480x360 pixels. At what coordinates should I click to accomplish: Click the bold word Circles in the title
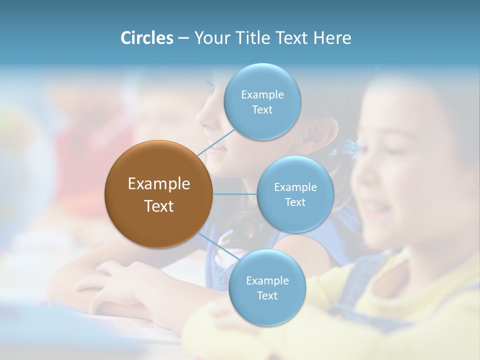(x=146, y=38)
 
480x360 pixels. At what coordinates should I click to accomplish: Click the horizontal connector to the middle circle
(x=234, y=194)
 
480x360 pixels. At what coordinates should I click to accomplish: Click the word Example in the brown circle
(x=159, y=184)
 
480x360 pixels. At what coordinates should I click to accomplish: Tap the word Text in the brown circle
(x=159, y=205)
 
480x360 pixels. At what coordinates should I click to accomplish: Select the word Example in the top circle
(x=262, y=95)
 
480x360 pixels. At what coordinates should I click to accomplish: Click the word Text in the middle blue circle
(x=295, y=202)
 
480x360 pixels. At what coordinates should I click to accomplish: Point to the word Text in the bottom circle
(x=267, y=295)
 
